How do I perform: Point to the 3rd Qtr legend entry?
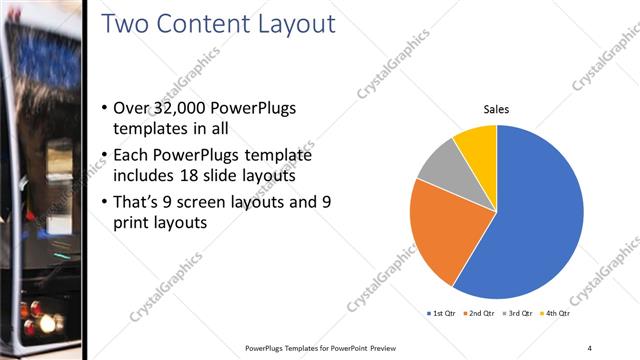(517, 314)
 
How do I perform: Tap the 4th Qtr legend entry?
(555, 314)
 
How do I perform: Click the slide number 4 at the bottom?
(590, 347)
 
